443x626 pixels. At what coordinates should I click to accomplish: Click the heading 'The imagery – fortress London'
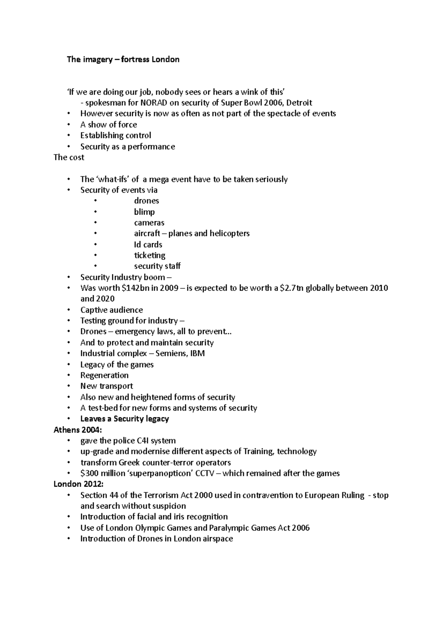(123, 59)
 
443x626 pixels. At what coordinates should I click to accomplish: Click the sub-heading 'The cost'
(69, 157)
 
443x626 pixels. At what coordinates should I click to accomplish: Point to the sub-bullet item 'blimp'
(144, 212)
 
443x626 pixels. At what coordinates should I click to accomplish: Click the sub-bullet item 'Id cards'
(148, 245)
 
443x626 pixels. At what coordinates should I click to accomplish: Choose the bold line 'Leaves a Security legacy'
(124, 419)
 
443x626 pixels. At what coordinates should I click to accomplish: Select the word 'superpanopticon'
(159, 473)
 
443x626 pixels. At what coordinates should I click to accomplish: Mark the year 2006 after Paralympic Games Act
(300, 528)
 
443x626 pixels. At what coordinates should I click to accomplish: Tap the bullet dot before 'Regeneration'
(69, 375)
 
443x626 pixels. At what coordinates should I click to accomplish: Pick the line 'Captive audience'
(111, 310)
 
